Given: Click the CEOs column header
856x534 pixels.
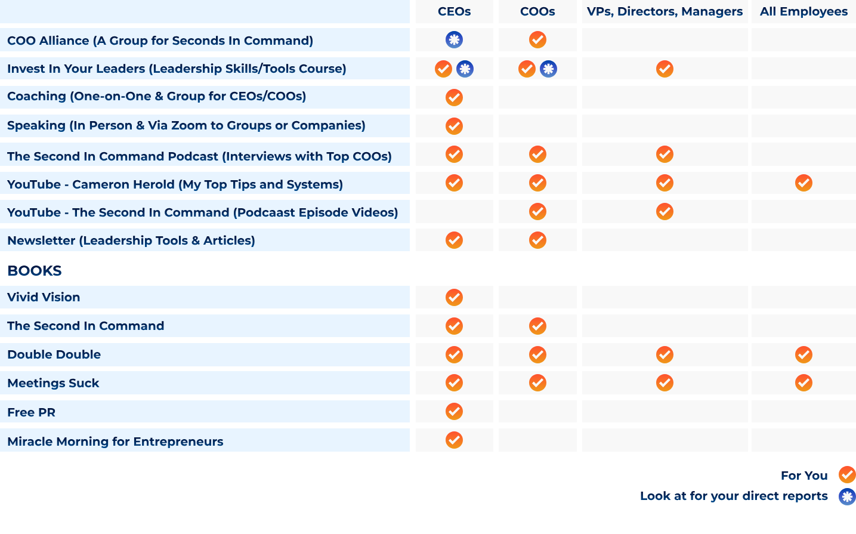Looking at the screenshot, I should (x=454, y=11).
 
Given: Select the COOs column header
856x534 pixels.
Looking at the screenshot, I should (x=537, y=11).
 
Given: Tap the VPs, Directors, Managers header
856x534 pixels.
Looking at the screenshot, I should (x=665, y=11).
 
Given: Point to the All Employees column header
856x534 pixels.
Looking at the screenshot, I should (x=804, y=11).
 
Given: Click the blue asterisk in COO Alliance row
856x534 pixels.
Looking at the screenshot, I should (x=454, y=40).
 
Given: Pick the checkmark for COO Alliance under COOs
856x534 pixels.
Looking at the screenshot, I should (x=537, y=40).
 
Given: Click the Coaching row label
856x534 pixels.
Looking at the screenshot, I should (x=156, y=96).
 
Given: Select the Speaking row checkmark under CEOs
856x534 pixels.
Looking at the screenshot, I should (x=454, y=126).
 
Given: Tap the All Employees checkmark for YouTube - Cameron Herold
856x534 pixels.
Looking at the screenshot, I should (x=804, y=183).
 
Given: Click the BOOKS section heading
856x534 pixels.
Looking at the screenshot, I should (x=35, y=271).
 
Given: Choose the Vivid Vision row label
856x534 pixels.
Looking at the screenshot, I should (x=44, y=297).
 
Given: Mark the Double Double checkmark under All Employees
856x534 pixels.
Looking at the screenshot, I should (x=804, y=355).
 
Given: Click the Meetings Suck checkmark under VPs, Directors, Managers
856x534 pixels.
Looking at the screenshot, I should (x=665, y=383).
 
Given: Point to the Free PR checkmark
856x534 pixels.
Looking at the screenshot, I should (x=454, y=412).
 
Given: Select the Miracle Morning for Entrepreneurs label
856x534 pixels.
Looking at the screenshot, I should (x=115, y=442).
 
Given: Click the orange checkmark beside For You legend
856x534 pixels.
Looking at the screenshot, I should (x=846, y=475).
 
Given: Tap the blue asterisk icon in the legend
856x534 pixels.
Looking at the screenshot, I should (x=846, y=496).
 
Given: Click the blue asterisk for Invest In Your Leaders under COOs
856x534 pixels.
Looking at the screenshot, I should (x=548, y=69).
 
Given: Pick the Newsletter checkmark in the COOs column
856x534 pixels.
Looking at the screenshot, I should (x=537, y=240).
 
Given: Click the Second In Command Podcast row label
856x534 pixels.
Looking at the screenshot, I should (x=199, y=156).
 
